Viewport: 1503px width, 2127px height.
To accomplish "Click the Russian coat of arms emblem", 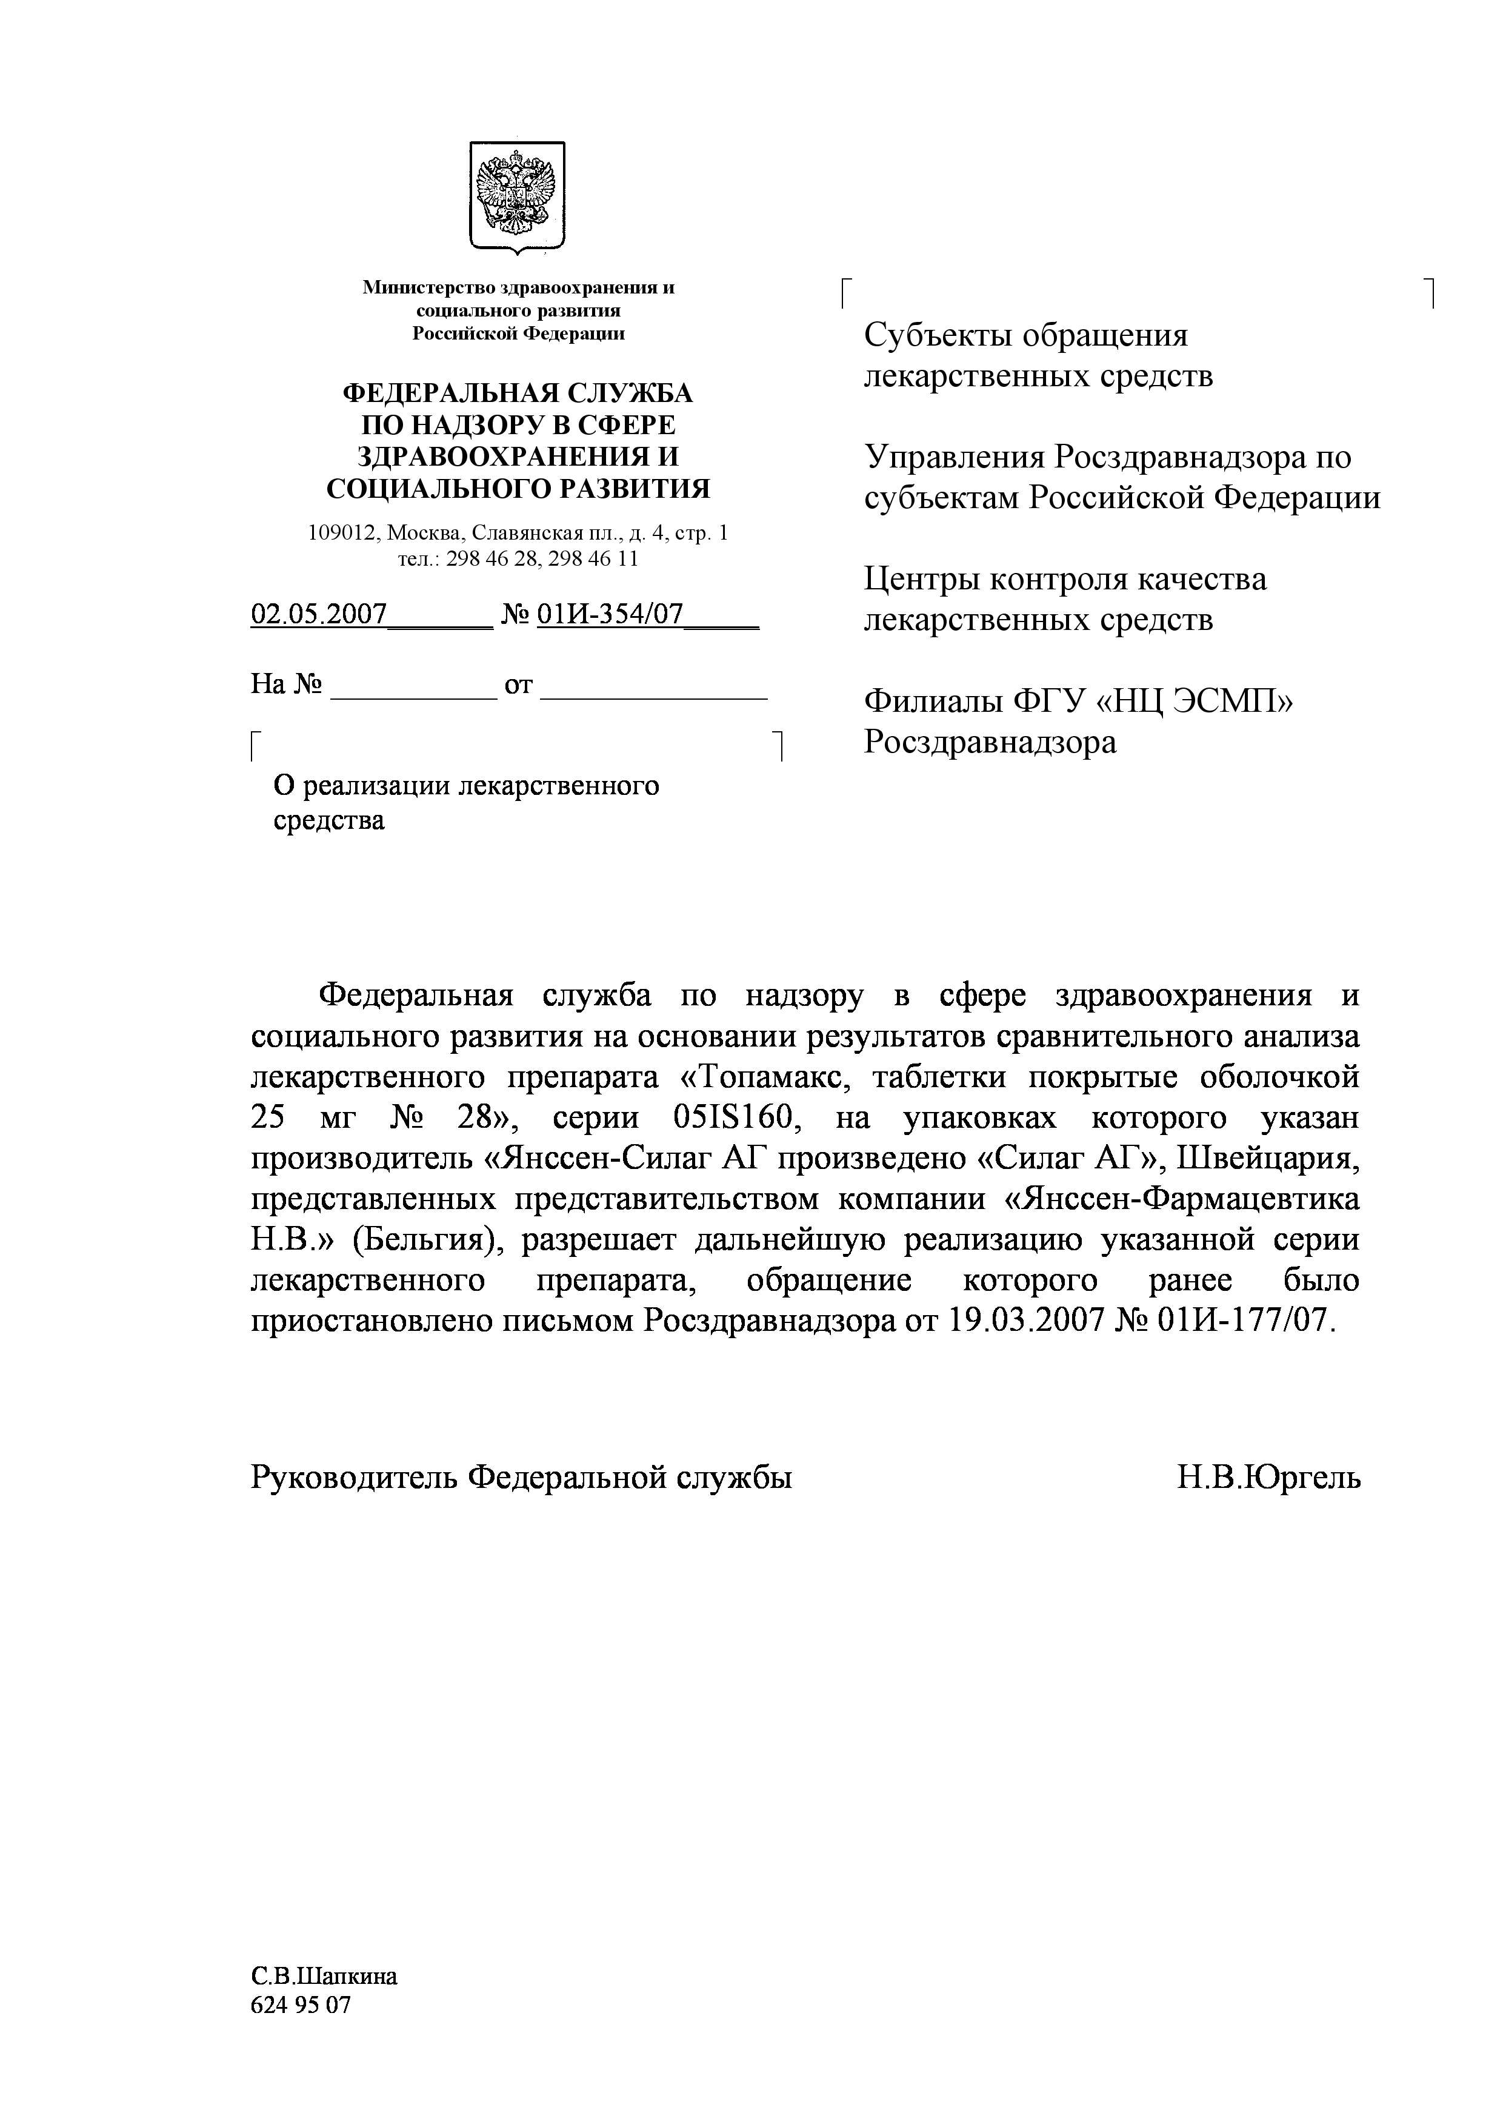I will [517, 195].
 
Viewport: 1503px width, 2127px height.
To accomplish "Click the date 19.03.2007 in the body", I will [1028, 1321].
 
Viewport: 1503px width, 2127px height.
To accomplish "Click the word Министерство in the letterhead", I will [421, 287].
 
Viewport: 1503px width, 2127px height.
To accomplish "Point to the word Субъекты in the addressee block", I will [938, 335].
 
